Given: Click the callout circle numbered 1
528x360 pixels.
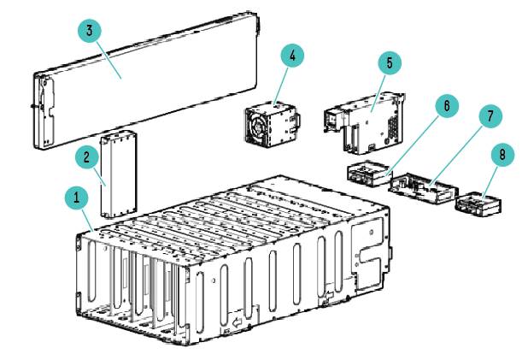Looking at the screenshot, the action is (x=76, y=198).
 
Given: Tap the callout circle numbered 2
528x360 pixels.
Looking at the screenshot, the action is (x=87, y=157).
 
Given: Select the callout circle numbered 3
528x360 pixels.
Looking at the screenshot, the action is (x=89, y=31).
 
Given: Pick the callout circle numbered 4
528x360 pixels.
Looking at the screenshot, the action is (x=292, y=56).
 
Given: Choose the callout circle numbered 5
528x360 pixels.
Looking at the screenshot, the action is (x=390, y=63).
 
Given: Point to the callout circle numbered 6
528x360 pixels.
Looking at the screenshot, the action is (x=447, y=106).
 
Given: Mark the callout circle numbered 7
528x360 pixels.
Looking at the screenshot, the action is (x=490, y=116).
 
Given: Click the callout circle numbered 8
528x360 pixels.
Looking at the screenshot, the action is (x=502, y=155).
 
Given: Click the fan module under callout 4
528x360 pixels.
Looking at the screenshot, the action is (x=273, y=125).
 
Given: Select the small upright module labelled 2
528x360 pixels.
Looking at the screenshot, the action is (x=119, y=174).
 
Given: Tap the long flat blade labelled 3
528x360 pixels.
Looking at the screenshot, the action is (x=146, y=81).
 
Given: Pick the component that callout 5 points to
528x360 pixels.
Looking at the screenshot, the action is (x=365, y=123).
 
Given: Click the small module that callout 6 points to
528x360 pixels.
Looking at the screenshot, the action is (x=369, y=174).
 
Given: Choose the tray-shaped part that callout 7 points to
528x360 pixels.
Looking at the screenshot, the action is (x=423, y=188).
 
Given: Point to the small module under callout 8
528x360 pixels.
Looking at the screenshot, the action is (x=478, y=203).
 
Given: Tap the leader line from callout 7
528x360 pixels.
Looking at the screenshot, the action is (x=457, y=155).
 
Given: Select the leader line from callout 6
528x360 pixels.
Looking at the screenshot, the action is (x=413, y=145).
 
